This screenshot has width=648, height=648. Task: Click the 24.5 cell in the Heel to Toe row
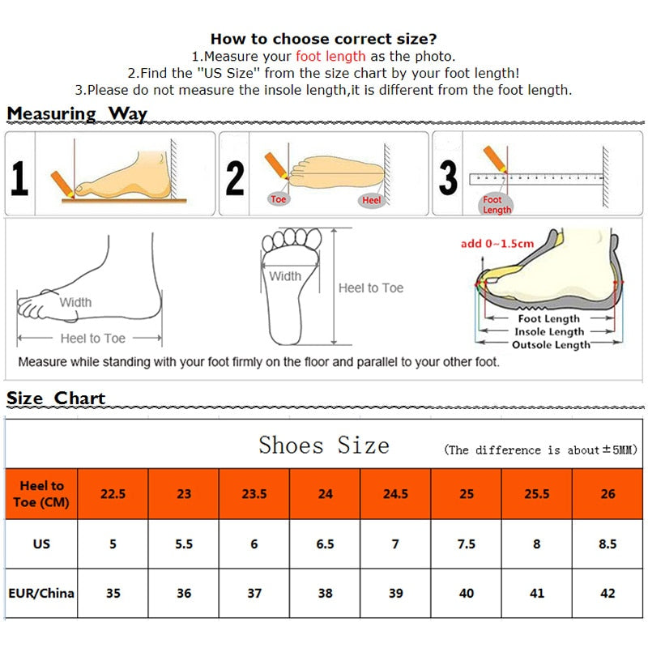tap(395, 493)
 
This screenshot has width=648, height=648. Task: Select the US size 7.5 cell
tap(467, 544)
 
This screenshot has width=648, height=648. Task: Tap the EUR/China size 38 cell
tap(325, 593)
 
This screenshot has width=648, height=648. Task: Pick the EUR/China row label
tap(41, 593)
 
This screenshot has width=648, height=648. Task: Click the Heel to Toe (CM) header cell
tap(41, 493)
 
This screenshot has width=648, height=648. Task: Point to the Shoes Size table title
tap(324, 445)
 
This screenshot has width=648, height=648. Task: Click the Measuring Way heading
tap(77, 113)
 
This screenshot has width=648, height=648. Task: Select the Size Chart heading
tap(56, 398)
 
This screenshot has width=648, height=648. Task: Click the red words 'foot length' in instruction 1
tap(330, 57)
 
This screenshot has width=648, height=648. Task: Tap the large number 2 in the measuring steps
tap(235, 177)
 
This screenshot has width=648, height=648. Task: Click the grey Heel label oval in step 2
tap(372, 199)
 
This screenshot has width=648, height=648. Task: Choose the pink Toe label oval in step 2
tap(279, 198)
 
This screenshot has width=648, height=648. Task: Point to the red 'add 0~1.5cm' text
tap(497, 244)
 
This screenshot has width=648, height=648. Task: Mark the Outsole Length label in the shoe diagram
tap(551, 345)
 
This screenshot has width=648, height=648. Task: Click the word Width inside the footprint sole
tap(285, 276)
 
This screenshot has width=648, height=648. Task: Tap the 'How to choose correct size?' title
tap(324, 39)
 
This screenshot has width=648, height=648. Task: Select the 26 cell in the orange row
tap(608, 493)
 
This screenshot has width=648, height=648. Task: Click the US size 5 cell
tap(113, 544)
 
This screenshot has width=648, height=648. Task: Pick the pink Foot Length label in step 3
tap(497, 205)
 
